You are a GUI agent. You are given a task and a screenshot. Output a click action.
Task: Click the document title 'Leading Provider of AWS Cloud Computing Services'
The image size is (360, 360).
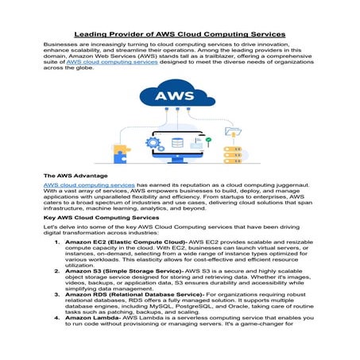pos(180,35)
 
